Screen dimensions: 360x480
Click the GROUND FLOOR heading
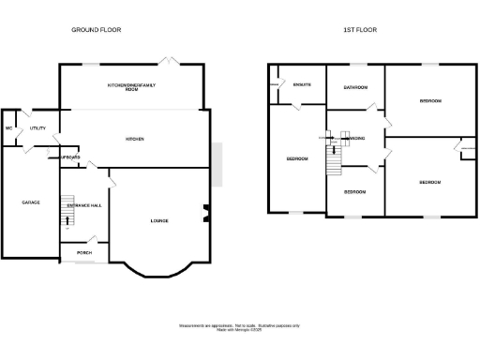[x=97, y=30]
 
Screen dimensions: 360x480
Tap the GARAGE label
[x=31, y=202]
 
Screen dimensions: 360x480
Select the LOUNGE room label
[x=159, y=220]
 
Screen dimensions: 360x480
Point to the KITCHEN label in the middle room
[x=135, y=139]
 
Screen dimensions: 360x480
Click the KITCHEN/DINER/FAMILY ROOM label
[x=131, y=86]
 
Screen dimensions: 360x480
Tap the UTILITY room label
[x=38, y=127]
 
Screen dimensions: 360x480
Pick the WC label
[x=8, y=127]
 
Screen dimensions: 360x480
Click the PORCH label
[x=84, y=254]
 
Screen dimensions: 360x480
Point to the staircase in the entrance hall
[x=67, y=211]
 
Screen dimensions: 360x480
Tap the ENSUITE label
[x=301, y=84]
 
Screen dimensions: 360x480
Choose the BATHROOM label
[x=354, y=87]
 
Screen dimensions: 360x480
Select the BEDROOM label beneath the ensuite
[x=297, y=158]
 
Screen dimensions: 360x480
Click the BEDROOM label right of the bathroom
[x=430, y=100]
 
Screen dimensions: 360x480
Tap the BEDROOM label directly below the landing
[x=354, y=191]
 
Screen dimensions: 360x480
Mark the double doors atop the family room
[x=166, y=61]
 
